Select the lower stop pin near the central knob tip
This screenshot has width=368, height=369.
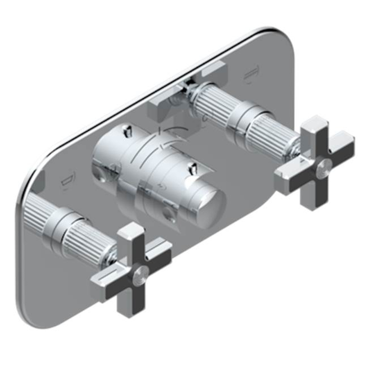(192, 170)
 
